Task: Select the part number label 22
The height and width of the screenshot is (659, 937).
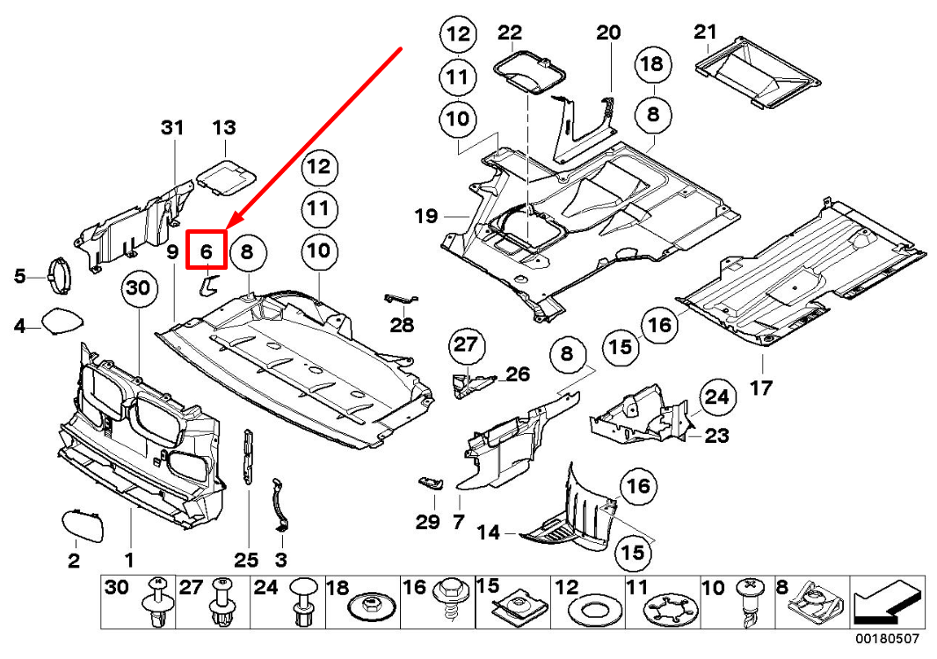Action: (510, 33)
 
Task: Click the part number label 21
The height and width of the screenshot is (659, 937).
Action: (705, 33)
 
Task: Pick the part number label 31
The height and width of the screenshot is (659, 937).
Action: (172, 128)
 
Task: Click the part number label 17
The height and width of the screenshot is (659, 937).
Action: (761, 387)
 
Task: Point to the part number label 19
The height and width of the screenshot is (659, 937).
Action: (426, 215)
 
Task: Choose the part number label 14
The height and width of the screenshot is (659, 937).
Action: (489, 532)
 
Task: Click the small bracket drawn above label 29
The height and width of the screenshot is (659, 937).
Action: (431, 482)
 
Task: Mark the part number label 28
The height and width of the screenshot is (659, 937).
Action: (402, 326)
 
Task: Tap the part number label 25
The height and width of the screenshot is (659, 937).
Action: (247, 560)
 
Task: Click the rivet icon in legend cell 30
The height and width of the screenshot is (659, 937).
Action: (156, 606)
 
